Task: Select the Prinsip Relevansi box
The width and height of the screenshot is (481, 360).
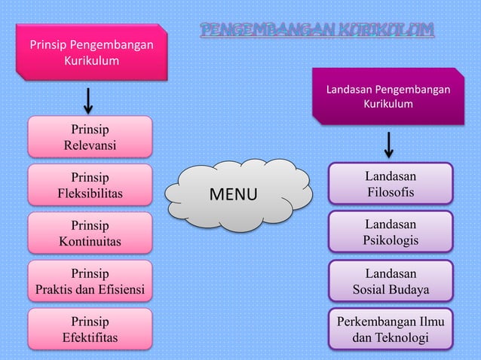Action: (90, 136)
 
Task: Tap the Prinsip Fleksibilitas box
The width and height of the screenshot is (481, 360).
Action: (90, 185)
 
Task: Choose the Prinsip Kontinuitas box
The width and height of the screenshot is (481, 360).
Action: (90, 233)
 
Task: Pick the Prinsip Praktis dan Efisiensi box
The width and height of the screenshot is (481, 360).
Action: (90, 282)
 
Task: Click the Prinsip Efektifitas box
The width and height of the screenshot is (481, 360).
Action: (90, 330)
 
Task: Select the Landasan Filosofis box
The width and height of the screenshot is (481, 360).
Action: (391, 185)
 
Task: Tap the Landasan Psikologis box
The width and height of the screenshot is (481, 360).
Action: (391, 232)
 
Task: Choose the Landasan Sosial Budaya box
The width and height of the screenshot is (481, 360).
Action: (391, 281)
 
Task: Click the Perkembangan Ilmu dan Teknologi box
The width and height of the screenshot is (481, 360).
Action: (391, 330)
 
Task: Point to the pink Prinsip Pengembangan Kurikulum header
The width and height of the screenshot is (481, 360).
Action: (90, 52)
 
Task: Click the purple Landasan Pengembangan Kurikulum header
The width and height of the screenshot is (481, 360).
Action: (388, 96)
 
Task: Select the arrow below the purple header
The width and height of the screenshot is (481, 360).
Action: (389, 145)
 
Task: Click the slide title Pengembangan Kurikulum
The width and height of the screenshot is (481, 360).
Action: (317, 31)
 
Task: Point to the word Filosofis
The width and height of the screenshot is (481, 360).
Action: (391, 193)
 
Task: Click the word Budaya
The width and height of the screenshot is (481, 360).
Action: (411, 289)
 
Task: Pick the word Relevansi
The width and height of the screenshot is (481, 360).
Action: (90, 145)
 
